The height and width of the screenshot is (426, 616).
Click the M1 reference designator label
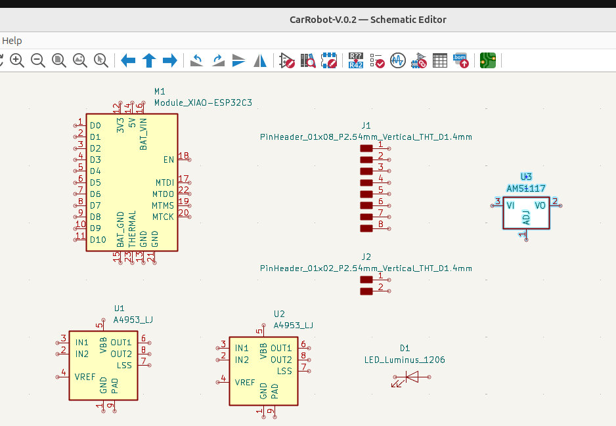coord(160,91)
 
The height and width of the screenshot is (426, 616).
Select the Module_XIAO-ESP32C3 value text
coord(203,103)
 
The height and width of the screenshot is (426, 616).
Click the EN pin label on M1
coord(168,160)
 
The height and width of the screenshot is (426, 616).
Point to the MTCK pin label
coord(163,217)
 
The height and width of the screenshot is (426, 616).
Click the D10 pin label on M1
coord(98,240)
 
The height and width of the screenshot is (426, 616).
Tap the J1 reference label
coord(366,125)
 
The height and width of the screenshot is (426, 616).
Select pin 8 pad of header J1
coord(366,228)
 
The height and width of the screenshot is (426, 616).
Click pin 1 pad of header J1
coord(366,149)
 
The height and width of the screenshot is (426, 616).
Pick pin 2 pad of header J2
coord(366,290)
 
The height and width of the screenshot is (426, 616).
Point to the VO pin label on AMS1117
coord(540,205)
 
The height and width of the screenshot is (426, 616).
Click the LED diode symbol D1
coord(411,377)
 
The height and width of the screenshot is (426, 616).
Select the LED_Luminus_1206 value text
coord(405,360)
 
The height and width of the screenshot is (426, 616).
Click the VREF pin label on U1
coord(85,377)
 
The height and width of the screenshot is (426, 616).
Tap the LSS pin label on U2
coord(284,371)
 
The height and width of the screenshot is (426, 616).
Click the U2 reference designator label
coord(279,314)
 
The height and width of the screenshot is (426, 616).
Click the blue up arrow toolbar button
coord(149,61)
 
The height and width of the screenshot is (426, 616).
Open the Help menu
coord(12,41)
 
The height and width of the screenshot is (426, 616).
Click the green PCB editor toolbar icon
coord(487,61)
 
